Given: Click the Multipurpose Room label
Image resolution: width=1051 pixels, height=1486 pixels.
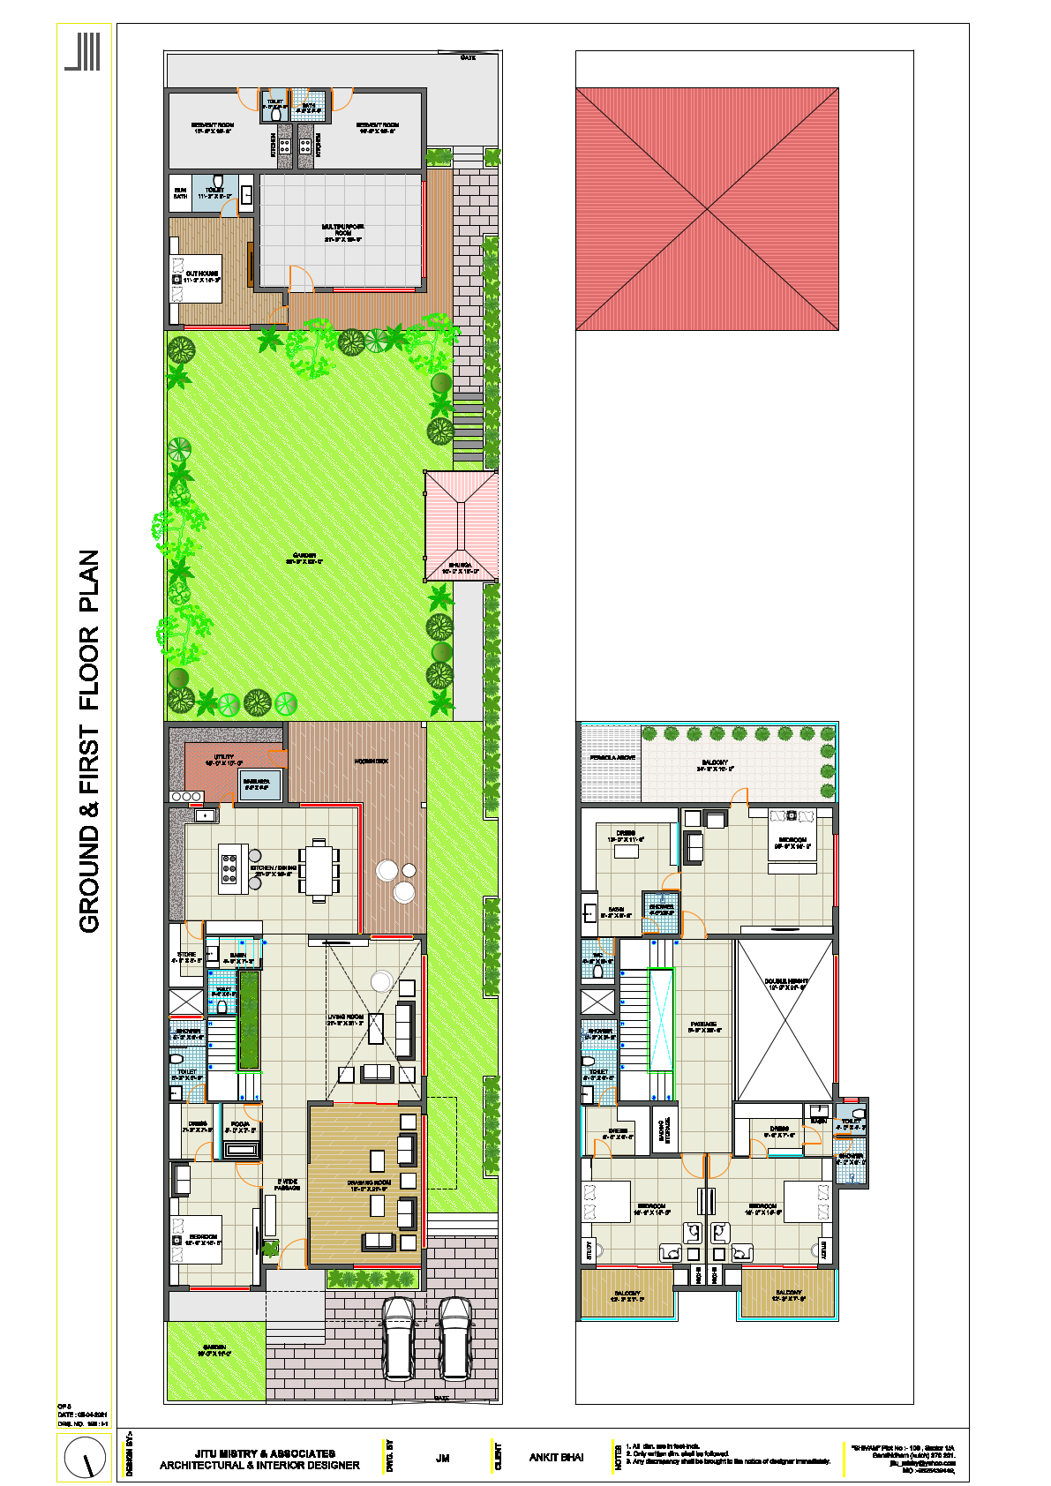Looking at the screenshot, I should pos(343,230).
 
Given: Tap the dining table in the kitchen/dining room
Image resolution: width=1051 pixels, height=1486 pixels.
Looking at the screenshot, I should pos(319,870).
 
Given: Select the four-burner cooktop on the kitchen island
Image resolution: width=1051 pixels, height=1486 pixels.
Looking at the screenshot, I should pos(229,868).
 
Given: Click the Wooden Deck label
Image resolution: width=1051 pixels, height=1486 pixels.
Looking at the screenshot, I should pos(371,761).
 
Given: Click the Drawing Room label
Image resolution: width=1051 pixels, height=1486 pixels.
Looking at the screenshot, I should pos(369,1185).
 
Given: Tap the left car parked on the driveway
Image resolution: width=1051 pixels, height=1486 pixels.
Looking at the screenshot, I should pos(399,1338).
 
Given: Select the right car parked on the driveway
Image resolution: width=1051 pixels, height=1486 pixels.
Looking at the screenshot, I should pos(456,1338).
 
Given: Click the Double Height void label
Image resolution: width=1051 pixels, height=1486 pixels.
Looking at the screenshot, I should pos(785,984).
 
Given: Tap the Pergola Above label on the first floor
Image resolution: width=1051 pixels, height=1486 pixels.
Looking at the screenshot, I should pos(612,758).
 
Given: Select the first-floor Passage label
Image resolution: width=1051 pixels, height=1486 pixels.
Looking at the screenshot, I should pos(705,1026).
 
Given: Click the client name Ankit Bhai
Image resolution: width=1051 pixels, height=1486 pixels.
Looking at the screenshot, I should pos(556,1457).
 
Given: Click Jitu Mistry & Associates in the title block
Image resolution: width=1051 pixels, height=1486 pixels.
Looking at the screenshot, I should pos(265,1452).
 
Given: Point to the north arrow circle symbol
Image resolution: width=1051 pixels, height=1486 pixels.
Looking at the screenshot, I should pos(86,1457).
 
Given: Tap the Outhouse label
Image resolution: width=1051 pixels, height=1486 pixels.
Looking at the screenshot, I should pos(202,276).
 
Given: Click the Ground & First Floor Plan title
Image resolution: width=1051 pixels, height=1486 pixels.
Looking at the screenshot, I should pos(89,741).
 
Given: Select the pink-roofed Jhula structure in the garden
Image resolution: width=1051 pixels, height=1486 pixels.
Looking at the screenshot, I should pos(461,525).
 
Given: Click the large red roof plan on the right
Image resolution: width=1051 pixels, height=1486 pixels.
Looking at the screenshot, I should pos(707,209).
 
